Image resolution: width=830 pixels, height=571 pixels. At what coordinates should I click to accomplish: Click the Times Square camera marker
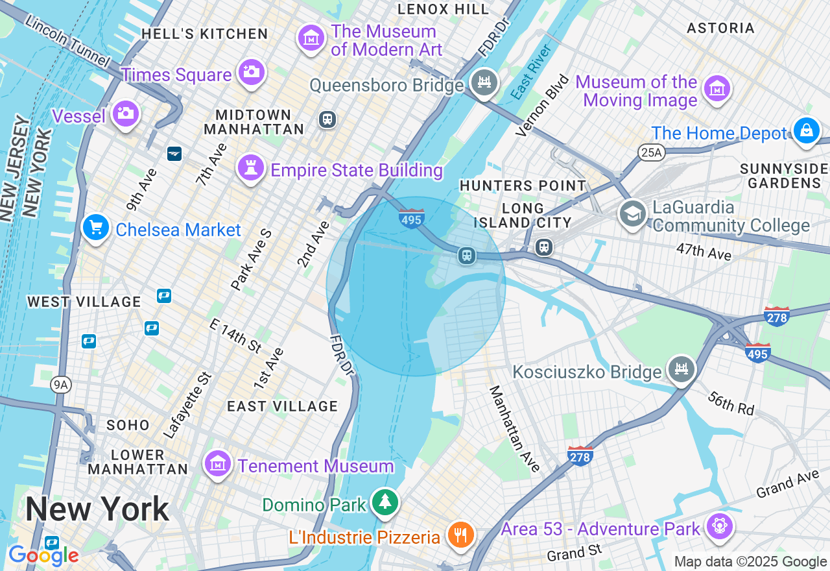pyautogui.click(x=251, y=71)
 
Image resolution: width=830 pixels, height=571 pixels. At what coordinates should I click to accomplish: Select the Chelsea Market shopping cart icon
pyautogui.click(x=96, y=228)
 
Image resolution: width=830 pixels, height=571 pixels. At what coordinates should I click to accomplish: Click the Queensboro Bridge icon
pyautogui.click(x=484, y=82)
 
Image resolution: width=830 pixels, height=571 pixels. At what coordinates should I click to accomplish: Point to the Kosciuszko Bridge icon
pyautogui.click(x=681, y=370)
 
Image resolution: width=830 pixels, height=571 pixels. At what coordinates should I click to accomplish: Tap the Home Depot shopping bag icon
pyautogui.click(x=806, y=130)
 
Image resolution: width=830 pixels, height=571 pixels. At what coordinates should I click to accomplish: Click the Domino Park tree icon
pyautogui.click(x=386, y=502)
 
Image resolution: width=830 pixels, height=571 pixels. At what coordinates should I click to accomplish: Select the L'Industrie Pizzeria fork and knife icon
pyautogui.click(x=461, y=535)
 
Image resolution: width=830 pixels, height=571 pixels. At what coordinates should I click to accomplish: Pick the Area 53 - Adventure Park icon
pyautogui.click(x=719, y=526)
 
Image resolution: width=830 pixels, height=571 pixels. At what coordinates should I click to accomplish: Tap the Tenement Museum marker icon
pyautogui.click(x=218, y=463)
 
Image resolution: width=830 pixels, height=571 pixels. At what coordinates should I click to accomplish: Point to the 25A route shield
pyautogui.click(x=652, y=152)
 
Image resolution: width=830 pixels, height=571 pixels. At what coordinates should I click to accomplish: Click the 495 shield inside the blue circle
pyautogui.click(x=412, y=219)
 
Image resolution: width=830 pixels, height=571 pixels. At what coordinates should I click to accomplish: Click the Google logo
pyautogui.click(x=43, y=555)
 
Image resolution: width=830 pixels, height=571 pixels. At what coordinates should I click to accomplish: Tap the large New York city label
pyautogui.click(x=97, y=509)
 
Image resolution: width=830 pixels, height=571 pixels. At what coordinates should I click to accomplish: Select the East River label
pyautogui.click(x=530, y=72)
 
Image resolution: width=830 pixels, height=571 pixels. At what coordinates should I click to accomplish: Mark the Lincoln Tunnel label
pyautogui.click(x=69, y=40)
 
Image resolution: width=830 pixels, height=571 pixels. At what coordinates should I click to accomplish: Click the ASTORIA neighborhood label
pyautogui.click(x=720, y=28)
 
